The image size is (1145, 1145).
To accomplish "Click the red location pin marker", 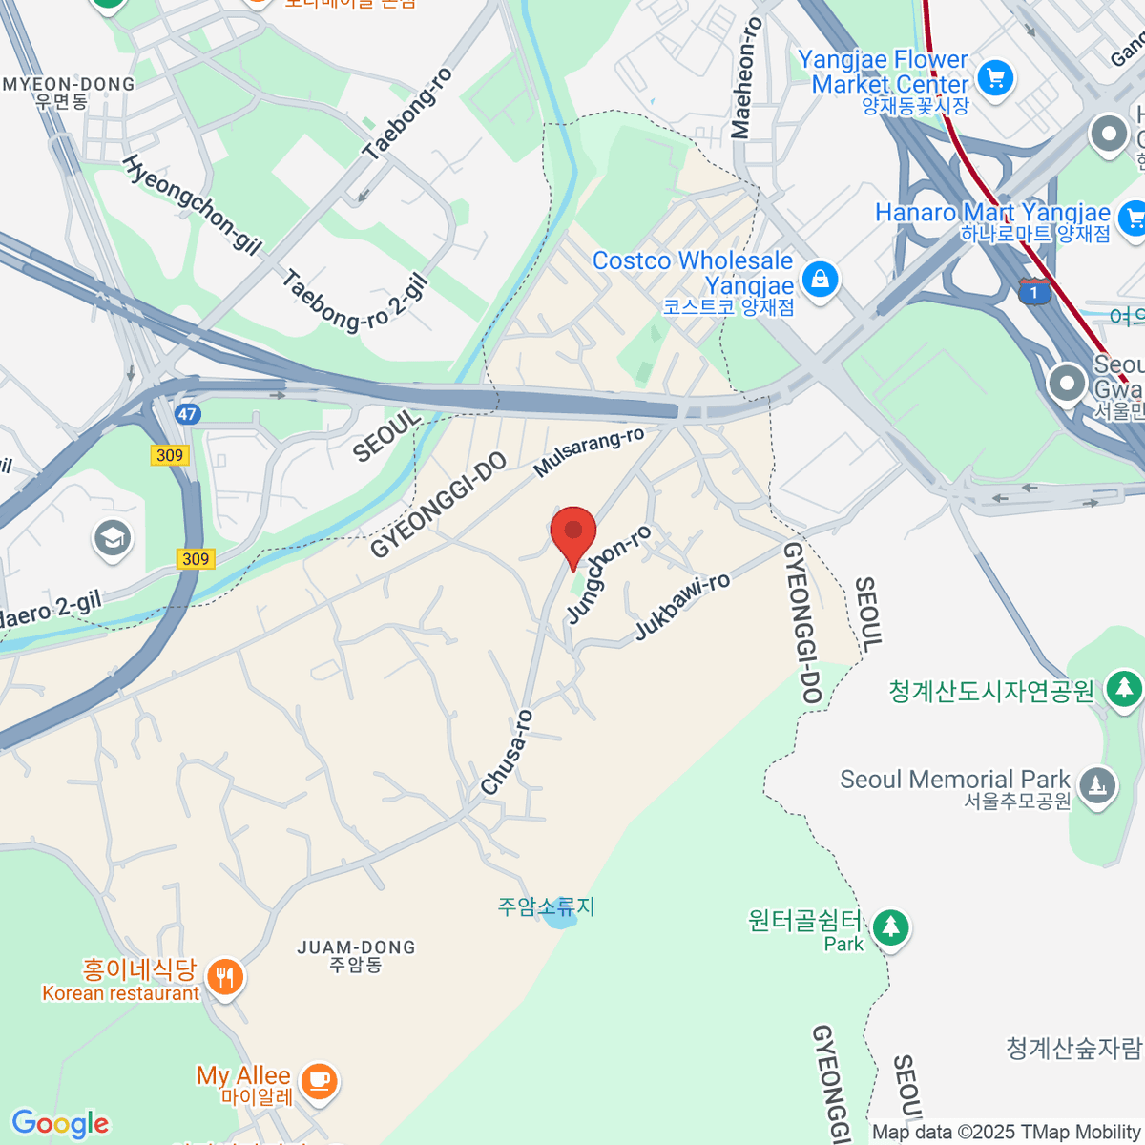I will [x=573, y=532].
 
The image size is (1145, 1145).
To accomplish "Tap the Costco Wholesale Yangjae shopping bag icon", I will [x=820, y=279].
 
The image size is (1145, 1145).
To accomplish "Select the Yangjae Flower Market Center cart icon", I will [x=995, y=77].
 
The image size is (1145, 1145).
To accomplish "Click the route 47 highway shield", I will [x=188, y=414].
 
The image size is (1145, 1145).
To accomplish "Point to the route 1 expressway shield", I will [x=1033, y=292].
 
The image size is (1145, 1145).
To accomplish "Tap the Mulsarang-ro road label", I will [x=589, y=452].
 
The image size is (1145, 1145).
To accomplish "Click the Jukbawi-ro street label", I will [x=682, y=607].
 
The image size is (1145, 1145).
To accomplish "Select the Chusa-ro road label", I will [x=507, y=752].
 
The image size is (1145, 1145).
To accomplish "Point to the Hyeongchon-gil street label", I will [x=192, y=204].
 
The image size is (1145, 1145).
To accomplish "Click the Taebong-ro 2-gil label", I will [x=355, y=302].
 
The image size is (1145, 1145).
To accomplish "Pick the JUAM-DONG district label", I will [x=356, y=955].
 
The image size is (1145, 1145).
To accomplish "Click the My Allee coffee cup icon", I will [x=319, y=1081].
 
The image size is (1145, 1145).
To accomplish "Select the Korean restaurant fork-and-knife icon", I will [x=225, y=977].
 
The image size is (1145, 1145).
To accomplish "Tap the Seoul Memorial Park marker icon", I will [x=1097, y=786].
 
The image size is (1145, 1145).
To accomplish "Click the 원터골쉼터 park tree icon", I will [x=890, y=926].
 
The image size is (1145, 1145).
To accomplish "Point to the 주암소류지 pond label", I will [x=546, y=906].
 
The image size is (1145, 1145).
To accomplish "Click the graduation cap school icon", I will [x=113, y=539].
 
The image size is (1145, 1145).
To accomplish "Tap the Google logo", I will [x=60, y=1124].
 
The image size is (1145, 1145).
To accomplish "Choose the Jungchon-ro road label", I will [x=608, y=574].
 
